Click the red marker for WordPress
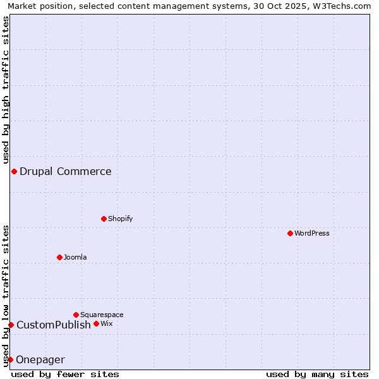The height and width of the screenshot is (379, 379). tap(290, 233)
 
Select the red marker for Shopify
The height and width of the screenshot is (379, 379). tap(104, 219)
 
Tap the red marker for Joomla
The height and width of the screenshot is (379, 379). tap(59, 257)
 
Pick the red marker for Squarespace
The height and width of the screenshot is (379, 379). tap(76, 315)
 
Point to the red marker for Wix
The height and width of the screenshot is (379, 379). tap(96, 323)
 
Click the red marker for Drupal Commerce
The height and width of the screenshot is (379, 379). tap(14, 171)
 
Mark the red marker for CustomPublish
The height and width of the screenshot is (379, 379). tap(11, 325)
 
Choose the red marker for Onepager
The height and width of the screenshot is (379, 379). tap(10, 359)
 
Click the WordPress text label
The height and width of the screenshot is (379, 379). tap(312, 233)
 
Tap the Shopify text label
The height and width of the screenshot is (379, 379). tap(120, 219)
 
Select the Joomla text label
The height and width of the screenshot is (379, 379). tap(75, 257)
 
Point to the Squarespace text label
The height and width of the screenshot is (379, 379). tap(102, 315)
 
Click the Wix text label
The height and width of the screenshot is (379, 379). tap(106, 323)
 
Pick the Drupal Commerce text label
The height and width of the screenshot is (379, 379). tap(66, 171)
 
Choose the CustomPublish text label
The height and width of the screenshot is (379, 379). tap(54, 325)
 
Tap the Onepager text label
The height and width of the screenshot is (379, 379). tap(40, 359)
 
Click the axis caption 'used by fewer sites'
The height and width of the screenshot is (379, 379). tap(65, 374)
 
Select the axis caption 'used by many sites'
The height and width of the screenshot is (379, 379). tap(317, 374)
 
